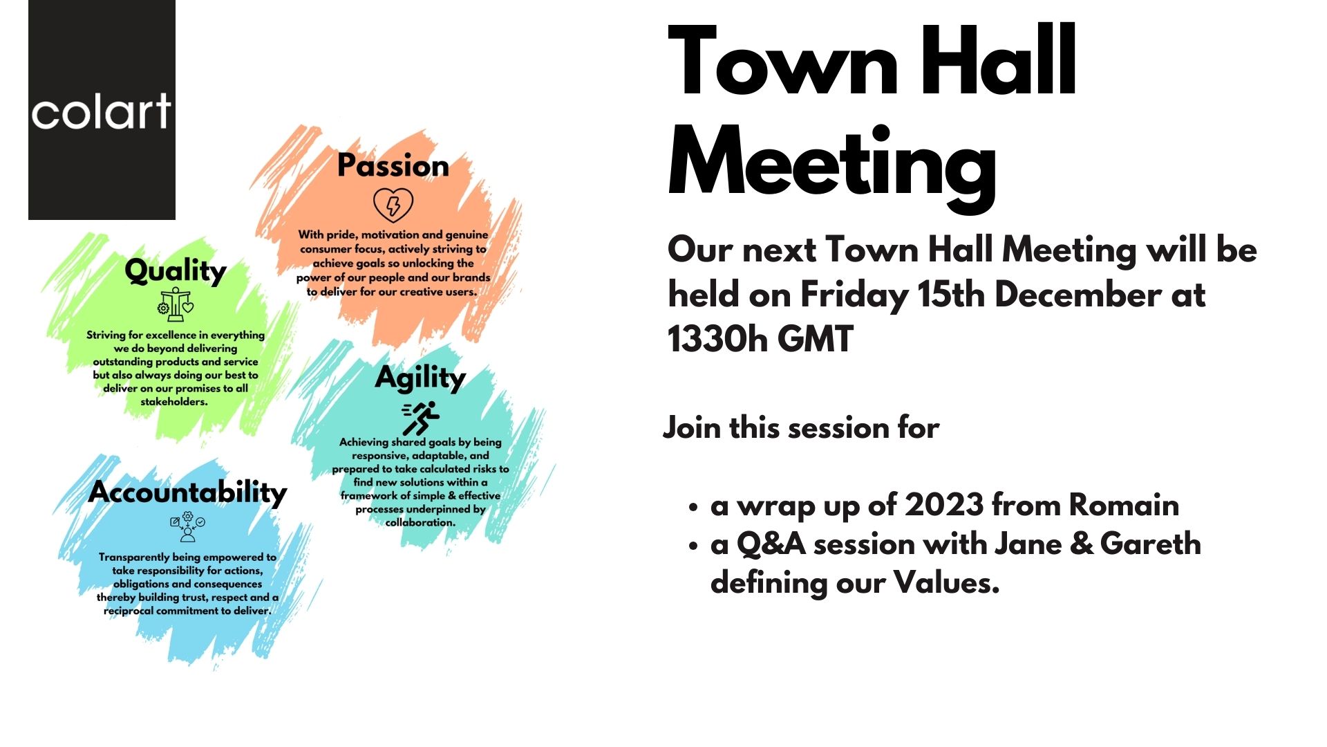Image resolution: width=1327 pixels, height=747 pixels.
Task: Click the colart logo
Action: tap(102, 110)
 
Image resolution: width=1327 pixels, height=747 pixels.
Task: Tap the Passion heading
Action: tap(393, 166)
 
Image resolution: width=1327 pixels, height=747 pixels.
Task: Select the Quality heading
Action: tap(176, 271)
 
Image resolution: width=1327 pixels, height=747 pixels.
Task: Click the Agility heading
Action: tap(420, 379)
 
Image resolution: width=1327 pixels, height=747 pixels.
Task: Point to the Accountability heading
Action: tap(187, 493)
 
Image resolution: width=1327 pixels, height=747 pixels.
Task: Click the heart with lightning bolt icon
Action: tap(393, 205)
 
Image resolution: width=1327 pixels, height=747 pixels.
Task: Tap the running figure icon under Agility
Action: tap(421, 418)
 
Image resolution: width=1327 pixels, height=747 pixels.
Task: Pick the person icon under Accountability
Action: tap(187, 527)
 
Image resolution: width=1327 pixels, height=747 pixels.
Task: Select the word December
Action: tap(1078, 295)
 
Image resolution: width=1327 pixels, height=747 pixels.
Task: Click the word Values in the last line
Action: tap(946, 583)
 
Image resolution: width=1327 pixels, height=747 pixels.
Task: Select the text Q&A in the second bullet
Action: tap(771, 544)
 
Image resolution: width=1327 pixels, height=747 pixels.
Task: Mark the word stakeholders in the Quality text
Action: tap(174, 402)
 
